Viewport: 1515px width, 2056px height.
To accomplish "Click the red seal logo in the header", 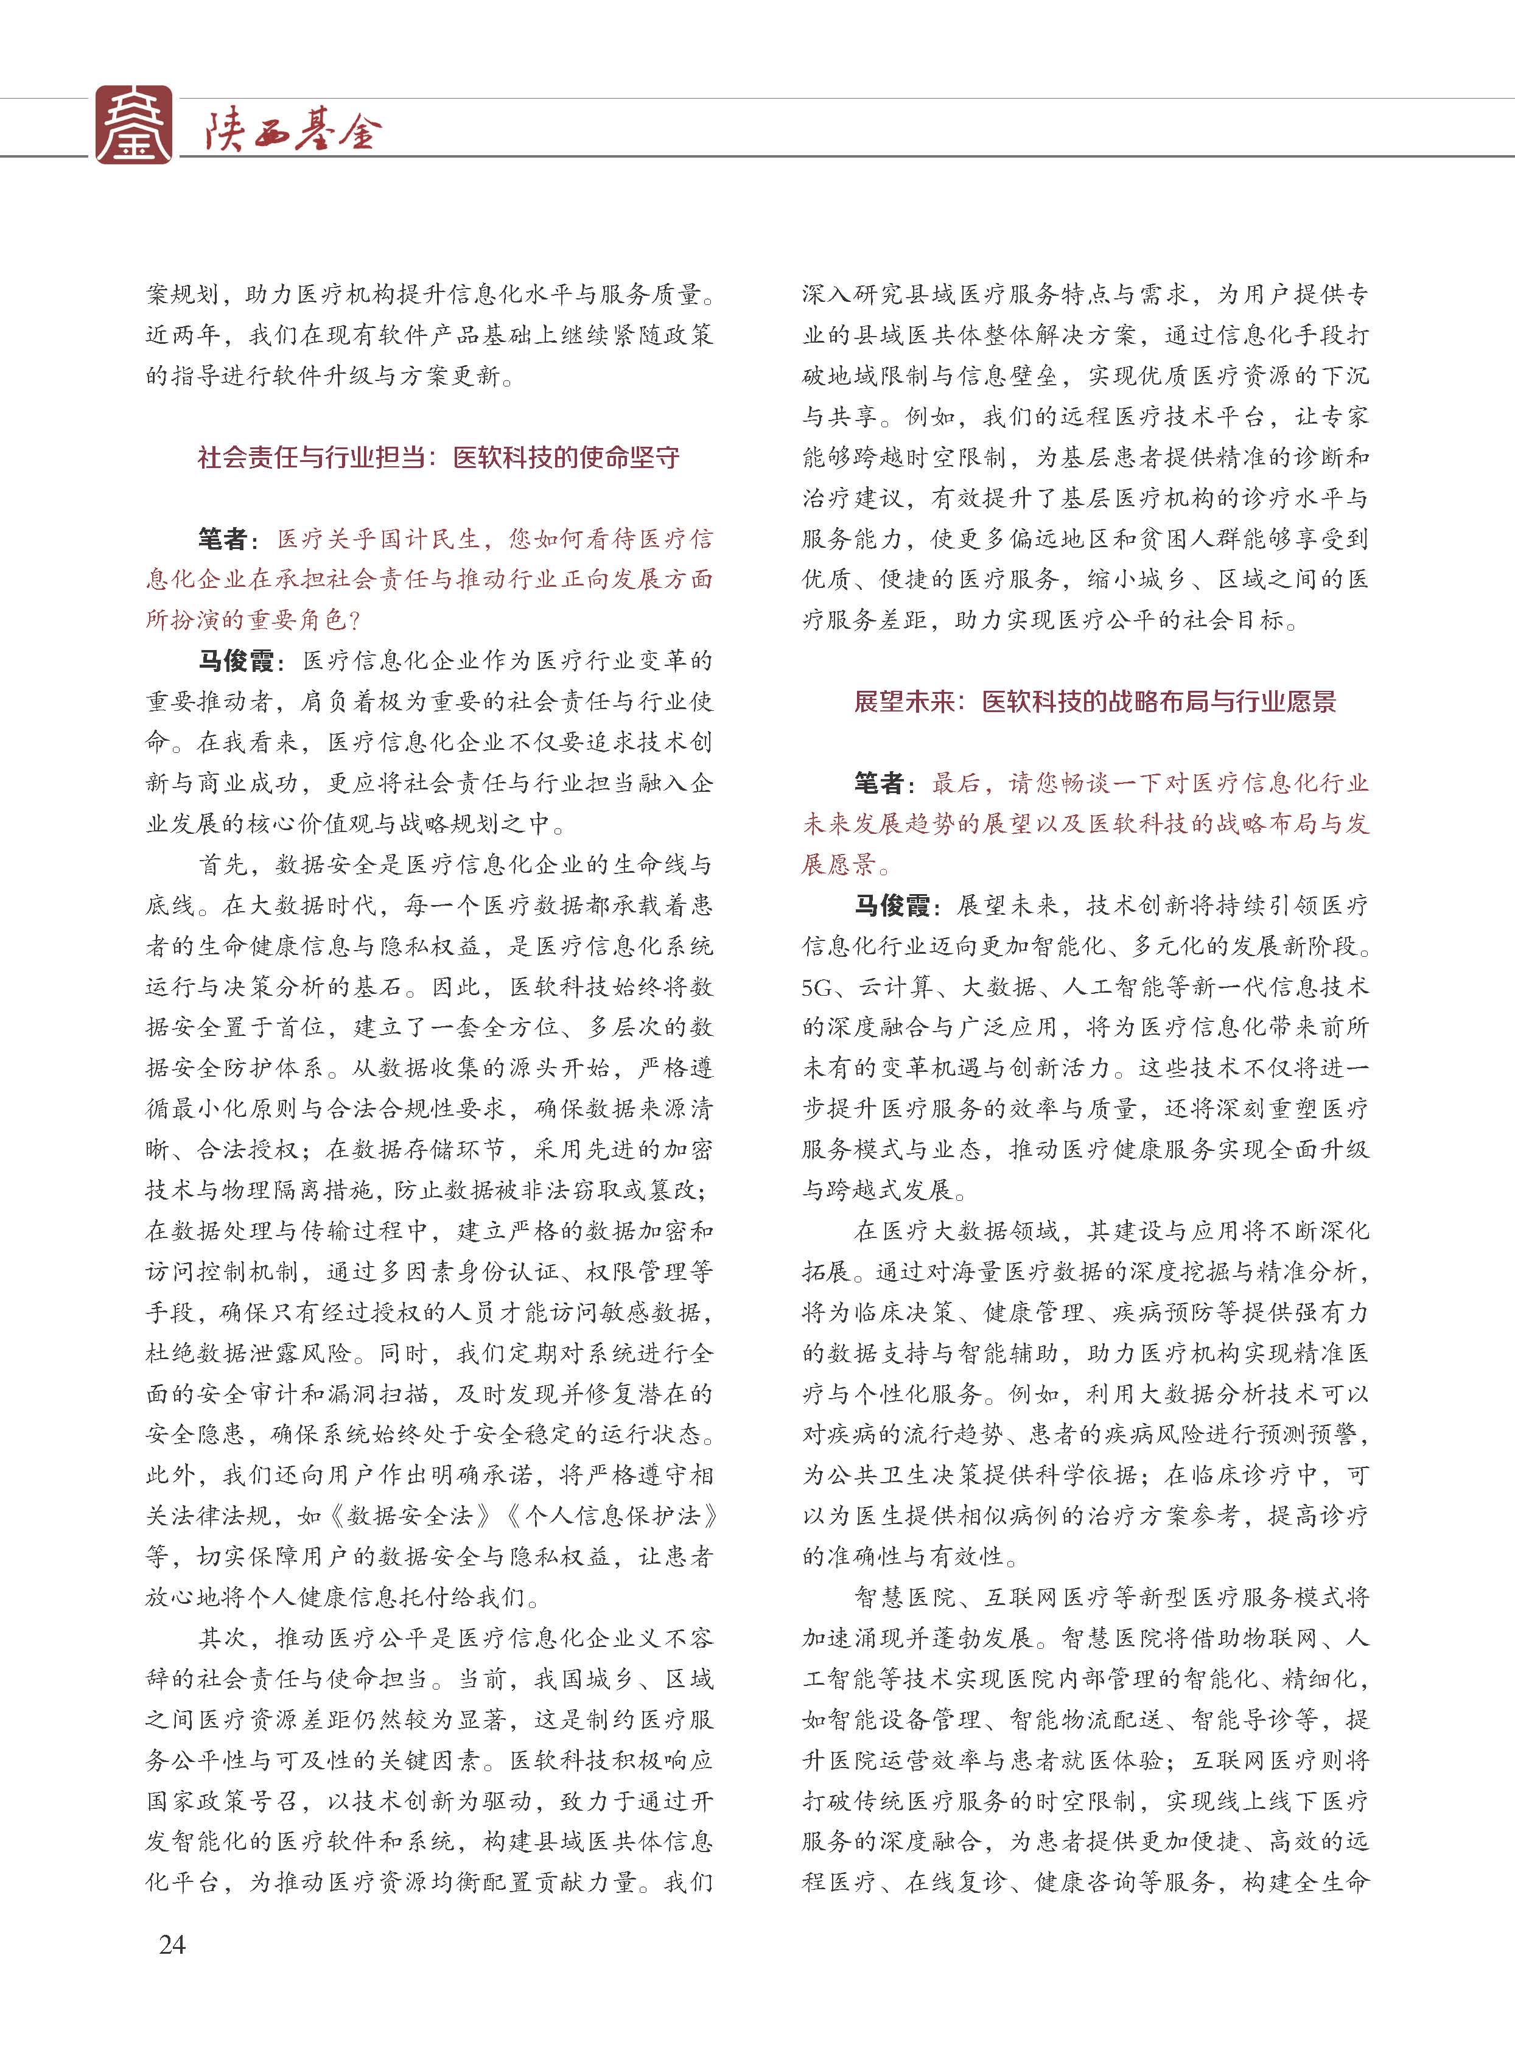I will click(x=134, y=125).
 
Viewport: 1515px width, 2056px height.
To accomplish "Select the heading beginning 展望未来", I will click(x=1094, y=702).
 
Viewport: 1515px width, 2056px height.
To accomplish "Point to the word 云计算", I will click(x=895, y=987).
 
